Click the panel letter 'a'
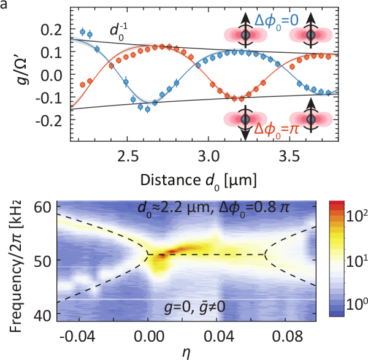click(x=6, y=6)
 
